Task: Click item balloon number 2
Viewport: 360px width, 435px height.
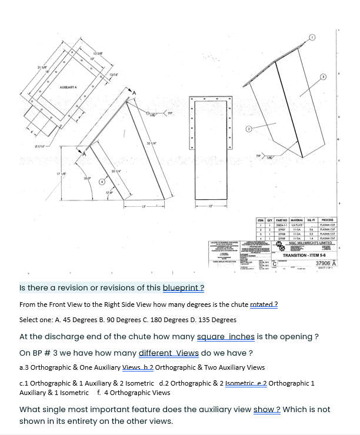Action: [x=249, y=129]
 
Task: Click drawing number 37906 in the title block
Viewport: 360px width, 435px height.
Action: [x=324, y=264]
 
